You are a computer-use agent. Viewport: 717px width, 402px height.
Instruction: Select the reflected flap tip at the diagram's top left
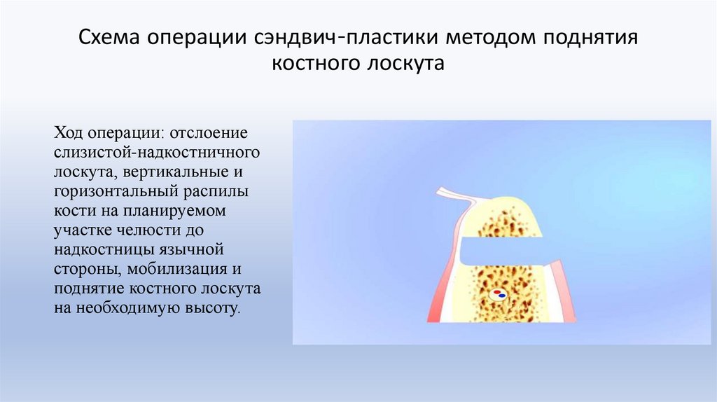[443, 190]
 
